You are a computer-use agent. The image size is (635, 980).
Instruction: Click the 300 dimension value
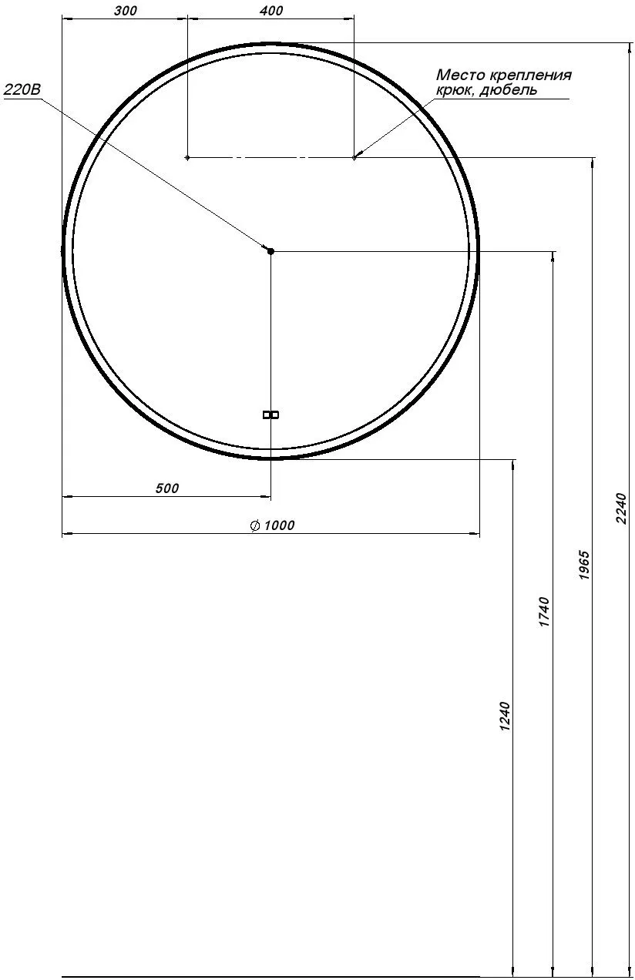click(x=126, y=11)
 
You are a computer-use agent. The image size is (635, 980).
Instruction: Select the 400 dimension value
click(x=271, y=11)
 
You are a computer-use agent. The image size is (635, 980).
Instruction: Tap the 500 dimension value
click(x=167, y=488)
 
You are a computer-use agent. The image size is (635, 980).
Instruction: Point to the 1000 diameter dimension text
click(x=279, y=525)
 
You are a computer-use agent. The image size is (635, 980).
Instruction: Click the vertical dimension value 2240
click(x=621, y=508)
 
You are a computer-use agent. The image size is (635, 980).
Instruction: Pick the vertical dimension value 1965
click(x=584, y=566)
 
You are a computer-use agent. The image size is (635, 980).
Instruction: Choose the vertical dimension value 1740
click(x=543, y=612)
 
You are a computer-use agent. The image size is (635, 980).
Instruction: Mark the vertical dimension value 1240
click(x=505, y=717)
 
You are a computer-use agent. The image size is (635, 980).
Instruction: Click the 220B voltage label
click(x=22, y=89)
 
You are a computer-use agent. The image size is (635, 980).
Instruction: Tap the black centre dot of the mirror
click(x=270, y=251)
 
